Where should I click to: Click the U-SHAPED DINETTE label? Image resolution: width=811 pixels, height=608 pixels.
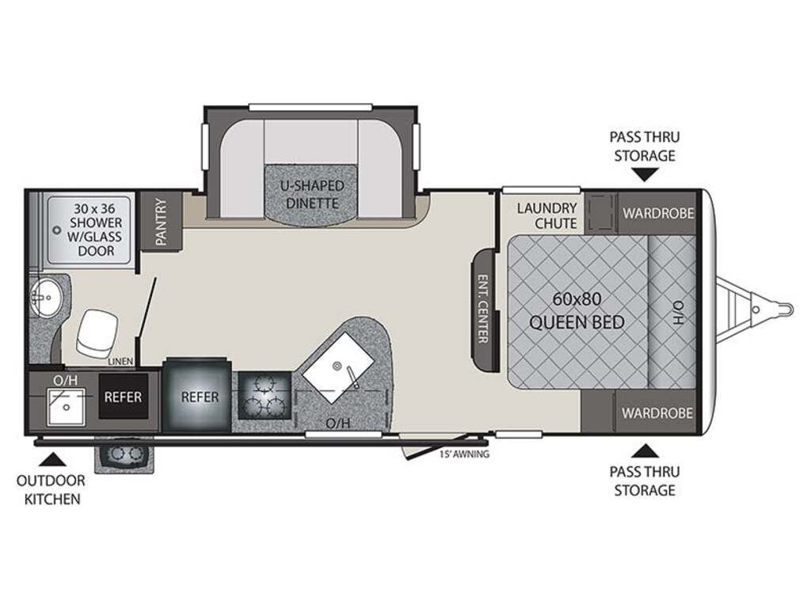point(312,195)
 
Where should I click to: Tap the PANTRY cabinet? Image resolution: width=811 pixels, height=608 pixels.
point(161,222)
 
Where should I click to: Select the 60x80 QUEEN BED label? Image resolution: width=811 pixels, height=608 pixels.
point(577,310)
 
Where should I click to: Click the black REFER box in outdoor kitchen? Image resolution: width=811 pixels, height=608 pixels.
point(123,397)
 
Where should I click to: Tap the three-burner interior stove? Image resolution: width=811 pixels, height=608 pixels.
point(265,396)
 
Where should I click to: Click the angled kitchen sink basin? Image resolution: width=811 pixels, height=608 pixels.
point(339,368)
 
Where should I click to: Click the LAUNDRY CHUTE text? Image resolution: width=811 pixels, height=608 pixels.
point(546,215)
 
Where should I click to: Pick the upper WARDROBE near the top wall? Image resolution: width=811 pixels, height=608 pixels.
point(657,212)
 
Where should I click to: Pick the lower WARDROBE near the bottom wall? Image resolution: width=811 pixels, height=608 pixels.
point(657,412)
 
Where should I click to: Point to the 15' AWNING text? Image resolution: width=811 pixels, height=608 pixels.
point(464,454)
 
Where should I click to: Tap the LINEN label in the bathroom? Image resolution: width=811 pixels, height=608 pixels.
point(120,361)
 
